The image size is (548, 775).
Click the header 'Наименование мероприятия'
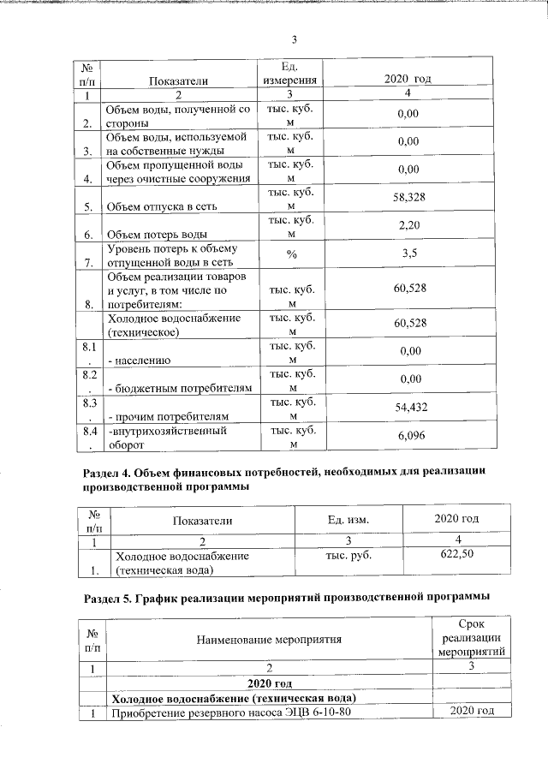[269, 639]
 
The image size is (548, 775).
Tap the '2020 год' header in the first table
[409, 79]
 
